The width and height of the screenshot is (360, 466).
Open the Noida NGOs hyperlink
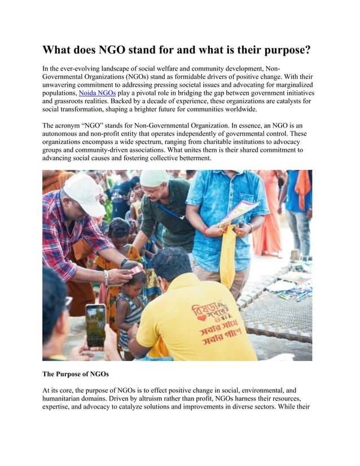tap(96, 93)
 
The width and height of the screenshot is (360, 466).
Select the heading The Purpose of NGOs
tap(75, 373)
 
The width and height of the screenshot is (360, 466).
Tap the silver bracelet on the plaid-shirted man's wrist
tap(106, 277)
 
